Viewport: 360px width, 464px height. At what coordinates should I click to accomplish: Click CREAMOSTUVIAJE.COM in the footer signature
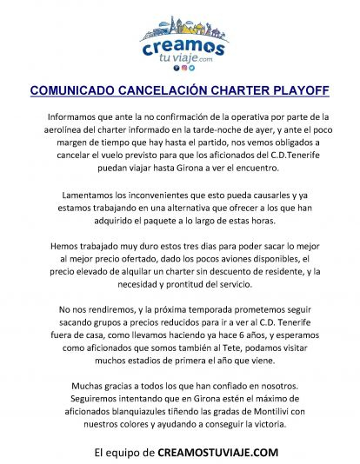[218, 452]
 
